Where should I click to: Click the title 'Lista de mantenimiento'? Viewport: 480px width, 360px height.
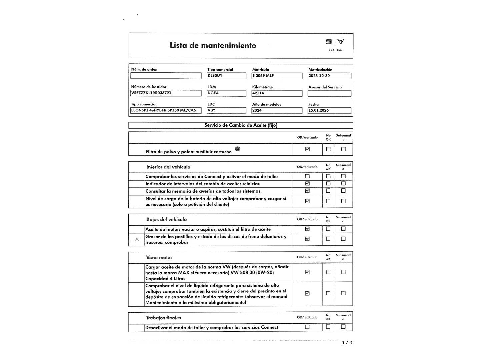213,45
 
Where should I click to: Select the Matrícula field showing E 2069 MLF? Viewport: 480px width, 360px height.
277,76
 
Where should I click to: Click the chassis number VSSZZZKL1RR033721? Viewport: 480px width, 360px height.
166,93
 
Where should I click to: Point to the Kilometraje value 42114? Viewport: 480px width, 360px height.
277,93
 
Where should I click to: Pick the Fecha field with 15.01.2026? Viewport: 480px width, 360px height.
329,110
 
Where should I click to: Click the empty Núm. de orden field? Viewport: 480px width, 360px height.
166,76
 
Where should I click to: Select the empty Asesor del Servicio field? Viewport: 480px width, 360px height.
329,93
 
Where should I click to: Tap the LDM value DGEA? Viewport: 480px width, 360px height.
226,93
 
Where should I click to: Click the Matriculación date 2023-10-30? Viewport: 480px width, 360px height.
329,76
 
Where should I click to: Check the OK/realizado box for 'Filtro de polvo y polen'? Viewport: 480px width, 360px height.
307,149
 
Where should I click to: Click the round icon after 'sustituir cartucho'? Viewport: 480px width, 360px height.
237,149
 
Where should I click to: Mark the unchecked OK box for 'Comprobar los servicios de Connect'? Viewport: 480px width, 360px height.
307,176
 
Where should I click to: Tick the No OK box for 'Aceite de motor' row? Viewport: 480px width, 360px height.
328,229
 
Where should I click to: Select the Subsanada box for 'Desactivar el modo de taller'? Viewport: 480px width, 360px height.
343,327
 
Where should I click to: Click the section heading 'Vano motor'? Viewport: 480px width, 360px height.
159,257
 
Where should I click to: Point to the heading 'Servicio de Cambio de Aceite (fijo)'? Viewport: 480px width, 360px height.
241,125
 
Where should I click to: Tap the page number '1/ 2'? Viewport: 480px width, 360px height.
347,343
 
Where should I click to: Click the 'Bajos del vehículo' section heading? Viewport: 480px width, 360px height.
166,219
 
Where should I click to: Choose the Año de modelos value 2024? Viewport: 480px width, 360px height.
277,110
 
